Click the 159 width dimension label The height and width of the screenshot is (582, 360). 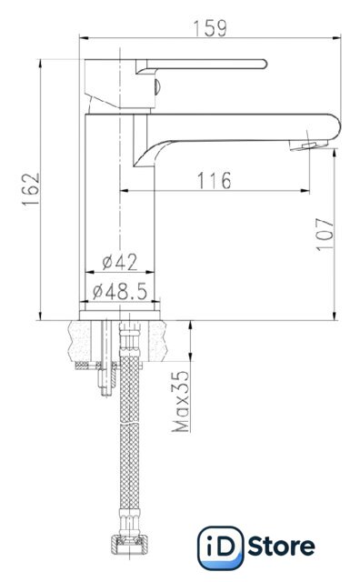coord(210,28)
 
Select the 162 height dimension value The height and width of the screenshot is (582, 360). coord(31,189)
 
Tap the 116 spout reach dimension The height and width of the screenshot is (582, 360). coord(214,180)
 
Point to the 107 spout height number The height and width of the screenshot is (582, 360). coord(325,235)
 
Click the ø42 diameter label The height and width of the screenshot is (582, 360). coord(119,262)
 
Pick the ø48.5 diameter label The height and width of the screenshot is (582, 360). coord(119,291)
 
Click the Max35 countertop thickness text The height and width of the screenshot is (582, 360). coord(180,401)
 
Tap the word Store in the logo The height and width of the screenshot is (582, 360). coord(281,547)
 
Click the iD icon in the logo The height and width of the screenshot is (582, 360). coord(220,547)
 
